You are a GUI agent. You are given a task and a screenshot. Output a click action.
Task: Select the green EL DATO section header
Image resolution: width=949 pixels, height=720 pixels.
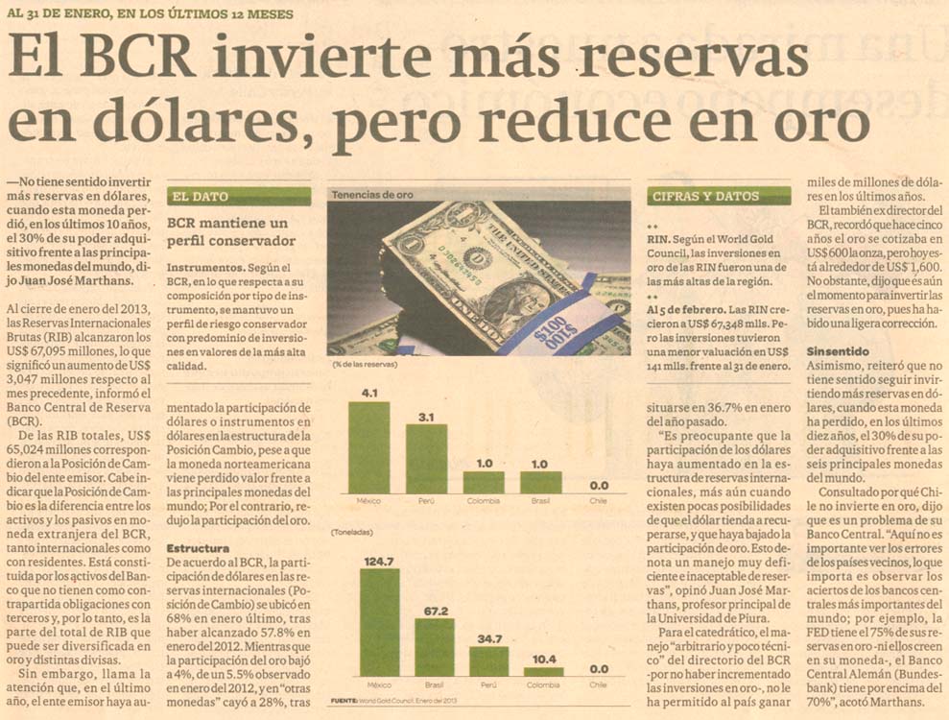(x=239, y=197)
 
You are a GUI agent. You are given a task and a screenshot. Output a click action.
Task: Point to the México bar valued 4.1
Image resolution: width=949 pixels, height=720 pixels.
(x=369, y=447)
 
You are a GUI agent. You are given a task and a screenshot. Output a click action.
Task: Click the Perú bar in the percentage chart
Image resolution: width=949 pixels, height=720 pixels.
(x=426, y=459)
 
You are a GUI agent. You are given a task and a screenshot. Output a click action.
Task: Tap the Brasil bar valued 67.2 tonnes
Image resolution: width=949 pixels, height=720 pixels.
(x=435, y=647)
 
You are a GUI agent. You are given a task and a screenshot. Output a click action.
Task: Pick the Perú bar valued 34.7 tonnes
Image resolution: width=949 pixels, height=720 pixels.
(x=489, y=661)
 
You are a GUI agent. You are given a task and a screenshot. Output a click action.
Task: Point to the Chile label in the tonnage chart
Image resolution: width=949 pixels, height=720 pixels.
(x=598, y=685)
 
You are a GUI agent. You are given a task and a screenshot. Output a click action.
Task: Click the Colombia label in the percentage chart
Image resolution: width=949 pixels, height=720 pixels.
(x=483, y=501)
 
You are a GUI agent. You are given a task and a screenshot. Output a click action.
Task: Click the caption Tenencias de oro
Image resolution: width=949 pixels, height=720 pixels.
(x=372, y=195)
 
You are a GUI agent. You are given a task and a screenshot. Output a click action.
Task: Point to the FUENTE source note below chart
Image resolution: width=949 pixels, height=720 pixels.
(x=403, y=702)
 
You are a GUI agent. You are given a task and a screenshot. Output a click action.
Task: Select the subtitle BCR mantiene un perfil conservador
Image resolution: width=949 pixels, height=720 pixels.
(x=231, y=232)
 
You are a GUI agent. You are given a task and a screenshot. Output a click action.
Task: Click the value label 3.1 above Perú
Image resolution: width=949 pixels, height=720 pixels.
(x=426, y=416)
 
